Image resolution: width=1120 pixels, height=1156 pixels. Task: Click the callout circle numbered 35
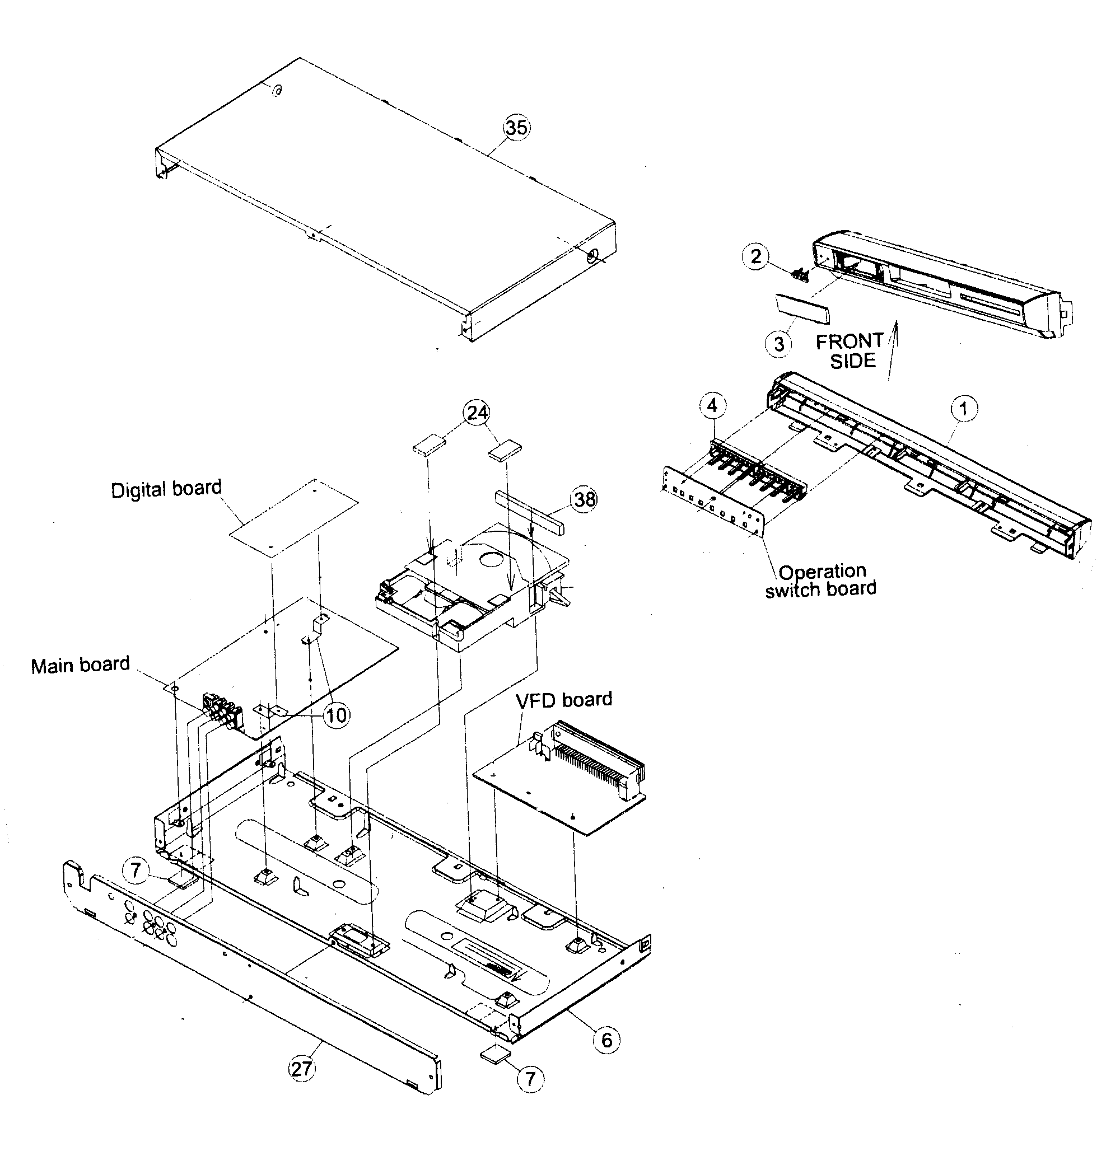point(516,128)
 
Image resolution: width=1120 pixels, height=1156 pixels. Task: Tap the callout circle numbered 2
point(755,257)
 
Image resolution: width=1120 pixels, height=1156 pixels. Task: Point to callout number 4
point(712,406)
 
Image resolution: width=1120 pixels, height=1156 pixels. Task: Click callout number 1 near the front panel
point(964,408)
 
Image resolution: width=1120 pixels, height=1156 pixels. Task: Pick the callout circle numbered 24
point(477,411)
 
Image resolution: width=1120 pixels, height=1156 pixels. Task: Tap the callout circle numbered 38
point(584,499)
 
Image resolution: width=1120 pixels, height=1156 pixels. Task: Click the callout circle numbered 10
point(337,715)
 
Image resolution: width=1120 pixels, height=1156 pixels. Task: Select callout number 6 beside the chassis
point(606,1040)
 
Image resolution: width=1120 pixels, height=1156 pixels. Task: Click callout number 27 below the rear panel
point(301,1069)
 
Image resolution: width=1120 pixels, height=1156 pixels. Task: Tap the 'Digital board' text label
point(166,489)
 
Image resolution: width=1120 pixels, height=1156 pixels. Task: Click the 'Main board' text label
point(80,665)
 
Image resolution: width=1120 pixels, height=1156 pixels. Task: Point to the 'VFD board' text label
point(563,700)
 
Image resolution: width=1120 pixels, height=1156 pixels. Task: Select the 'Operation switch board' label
point(821,581)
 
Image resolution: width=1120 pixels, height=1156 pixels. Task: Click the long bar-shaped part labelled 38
point(530,511)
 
